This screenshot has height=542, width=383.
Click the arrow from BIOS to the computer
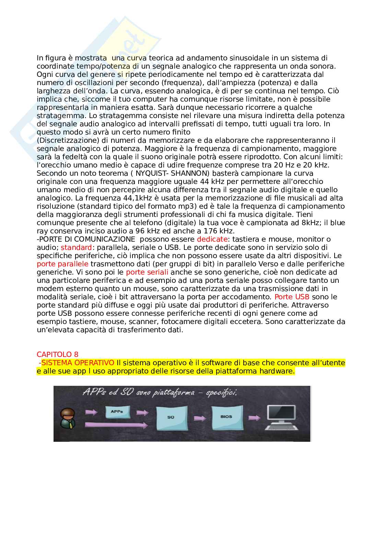(254, 418)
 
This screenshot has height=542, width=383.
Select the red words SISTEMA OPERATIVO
(78, 363)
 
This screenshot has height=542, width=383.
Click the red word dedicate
(212, 239)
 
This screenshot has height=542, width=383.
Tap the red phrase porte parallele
(62, 264)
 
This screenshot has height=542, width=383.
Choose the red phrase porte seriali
(147, 272)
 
